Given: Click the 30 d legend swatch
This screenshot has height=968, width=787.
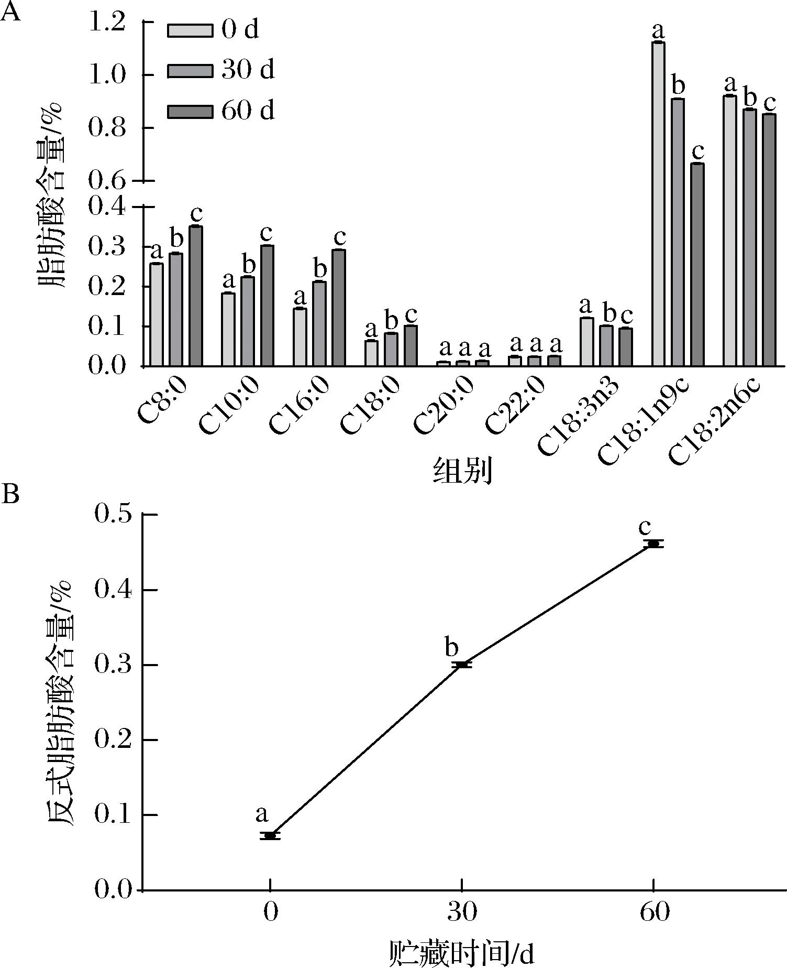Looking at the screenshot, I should tap(190, 70).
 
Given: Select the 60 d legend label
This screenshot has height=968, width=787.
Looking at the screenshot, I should tap(248, 111).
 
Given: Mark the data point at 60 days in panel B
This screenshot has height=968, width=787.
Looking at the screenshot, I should tap(653, 544).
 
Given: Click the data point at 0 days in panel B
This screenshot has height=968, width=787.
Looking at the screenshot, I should tap(270, 835).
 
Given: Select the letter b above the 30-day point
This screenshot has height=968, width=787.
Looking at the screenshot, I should tap(451, 647).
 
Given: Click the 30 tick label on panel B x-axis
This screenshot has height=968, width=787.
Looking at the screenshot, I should tap(462, 912).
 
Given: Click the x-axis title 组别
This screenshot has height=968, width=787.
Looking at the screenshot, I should tap(462, 471).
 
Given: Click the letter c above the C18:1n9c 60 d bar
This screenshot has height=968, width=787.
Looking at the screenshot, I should tap(697, 151).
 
